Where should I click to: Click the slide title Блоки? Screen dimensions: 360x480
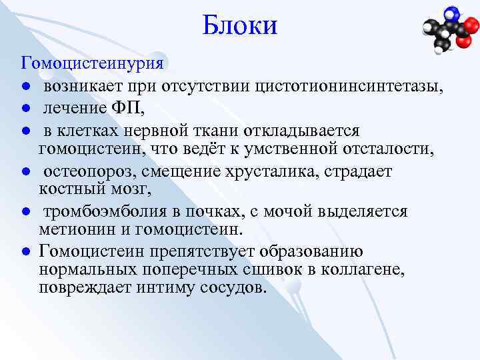click(x=239, y=26)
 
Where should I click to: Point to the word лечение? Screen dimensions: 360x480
click(x=75, y=107)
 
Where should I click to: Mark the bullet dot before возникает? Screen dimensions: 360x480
click(x=24, y=87)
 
